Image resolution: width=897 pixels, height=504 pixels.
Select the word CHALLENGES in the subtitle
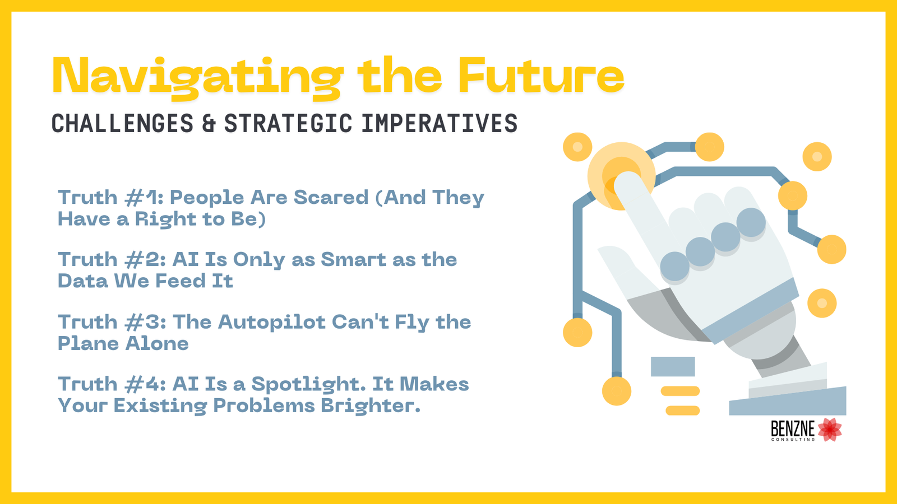pyautogui.click(x=123, y=123)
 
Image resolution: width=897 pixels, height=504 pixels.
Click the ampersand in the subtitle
pyautogui.click(x=209, y=123)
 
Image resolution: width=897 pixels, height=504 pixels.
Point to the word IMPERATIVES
pyautogui.click(x=440, y=123)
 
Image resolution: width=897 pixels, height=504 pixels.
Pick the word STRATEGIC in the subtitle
pyautogui.click(x=288, y=123)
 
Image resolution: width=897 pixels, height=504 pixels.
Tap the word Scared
pyautogui.click(x=331, y=198)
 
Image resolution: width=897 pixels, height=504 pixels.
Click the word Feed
pyautogui.click(x=181, y=281)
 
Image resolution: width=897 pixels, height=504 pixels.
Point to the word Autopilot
pyautogui.click(x=271, y=323)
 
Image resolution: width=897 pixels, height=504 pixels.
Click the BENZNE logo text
pyautogui.click(x=793, y=429)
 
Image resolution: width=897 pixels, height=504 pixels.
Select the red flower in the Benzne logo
pyautogui.click(x=830, y=430)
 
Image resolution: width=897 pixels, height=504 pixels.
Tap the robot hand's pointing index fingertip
pyautogui.click(x=627, y=182)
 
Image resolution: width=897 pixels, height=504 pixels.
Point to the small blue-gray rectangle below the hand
pyautogui.click(x=673, y=367)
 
